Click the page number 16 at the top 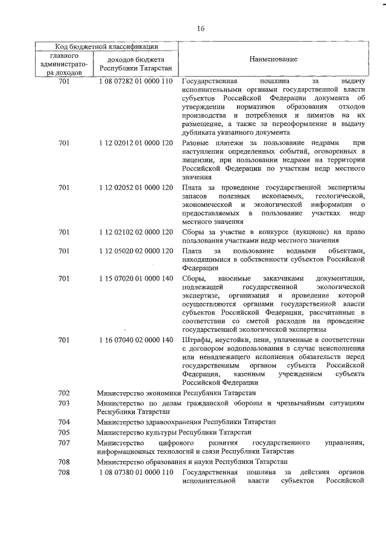click(201, 28)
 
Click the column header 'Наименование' click(271, 61)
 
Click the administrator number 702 click(65, 393)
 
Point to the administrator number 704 click(65, 422)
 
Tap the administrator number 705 click(65, 432)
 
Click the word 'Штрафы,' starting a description click(196, 340)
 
